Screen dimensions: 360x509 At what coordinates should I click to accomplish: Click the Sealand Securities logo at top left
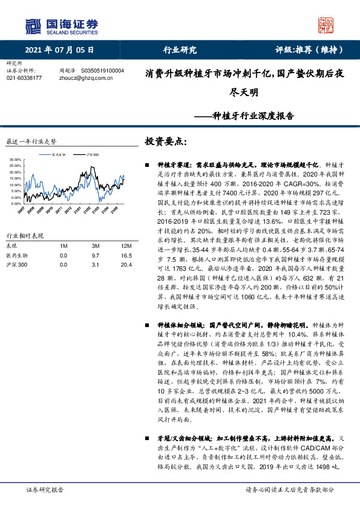(x=61, y=25)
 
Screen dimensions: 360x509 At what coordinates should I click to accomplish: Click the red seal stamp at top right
(x=327, y=24)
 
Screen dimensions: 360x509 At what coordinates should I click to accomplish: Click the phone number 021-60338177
(x=24, y=78)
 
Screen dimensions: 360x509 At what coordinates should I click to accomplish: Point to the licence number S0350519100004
(x=102, y=70)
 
